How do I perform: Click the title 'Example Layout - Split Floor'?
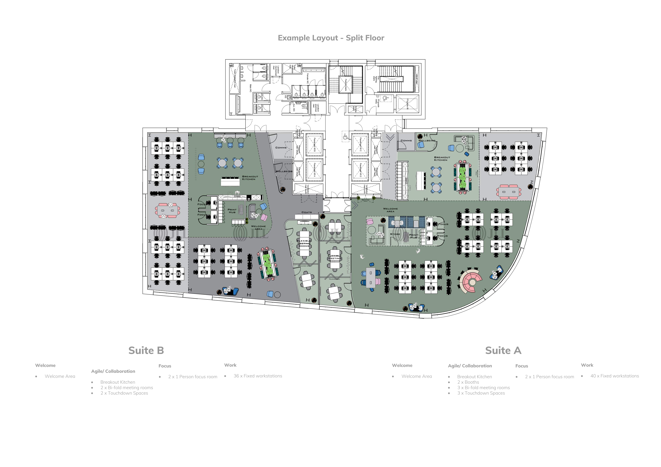(x=331, y=38)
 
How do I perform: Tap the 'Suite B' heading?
(x=146, y=350)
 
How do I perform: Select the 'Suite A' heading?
(x=503, y=350)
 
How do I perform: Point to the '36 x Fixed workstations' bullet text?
(x=258, y=376)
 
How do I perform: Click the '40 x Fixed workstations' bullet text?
(x=614, y=376)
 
